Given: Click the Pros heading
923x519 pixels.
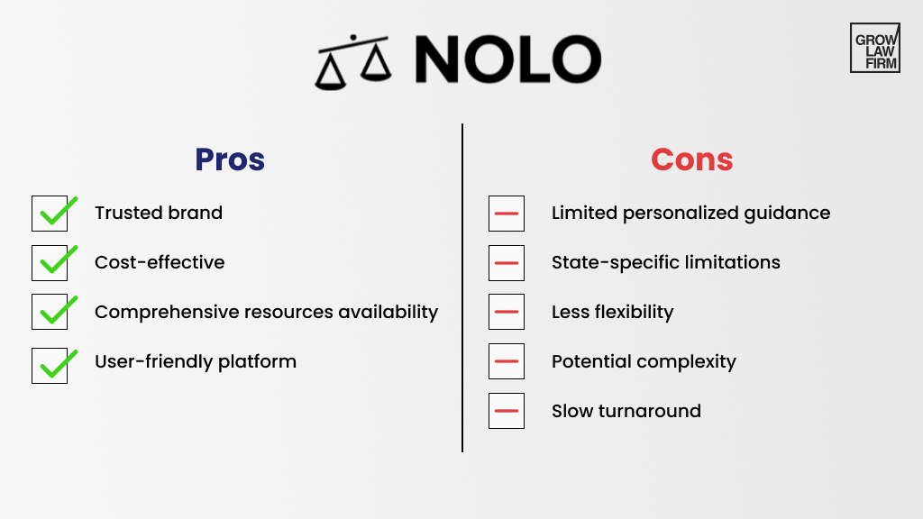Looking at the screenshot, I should (230, 159).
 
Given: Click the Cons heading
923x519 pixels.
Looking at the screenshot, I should (691, 159).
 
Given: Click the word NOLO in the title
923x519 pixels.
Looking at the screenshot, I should (507, 60).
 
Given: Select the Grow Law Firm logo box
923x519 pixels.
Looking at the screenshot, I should (874, 48).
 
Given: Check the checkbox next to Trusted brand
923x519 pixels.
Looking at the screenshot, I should (50, 214).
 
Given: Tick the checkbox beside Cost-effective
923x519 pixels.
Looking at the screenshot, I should (50, 262).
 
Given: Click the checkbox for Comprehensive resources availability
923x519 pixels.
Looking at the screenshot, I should (50, 312).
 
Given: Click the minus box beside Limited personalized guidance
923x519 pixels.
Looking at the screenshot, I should (507, 214).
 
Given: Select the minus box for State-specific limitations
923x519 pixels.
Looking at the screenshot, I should (507, 262).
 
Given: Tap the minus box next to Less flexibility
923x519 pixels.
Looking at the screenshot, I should (507, 312).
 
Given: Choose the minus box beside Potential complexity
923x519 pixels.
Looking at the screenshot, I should (507, 361).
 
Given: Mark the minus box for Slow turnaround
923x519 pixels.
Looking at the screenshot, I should (507, 411).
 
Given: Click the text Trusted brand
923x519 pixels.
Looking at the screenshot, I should (159, 214).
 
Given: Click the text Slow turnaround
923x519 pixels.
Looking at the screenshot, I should (626, 411).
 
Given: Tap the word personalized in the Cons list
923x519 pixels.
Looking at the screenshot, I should (690, 214).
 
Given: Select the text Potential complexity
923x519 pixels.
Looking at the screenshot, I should (644, 361).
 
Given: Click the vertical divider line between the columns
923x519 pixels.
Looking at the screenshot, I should (462, 288).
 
